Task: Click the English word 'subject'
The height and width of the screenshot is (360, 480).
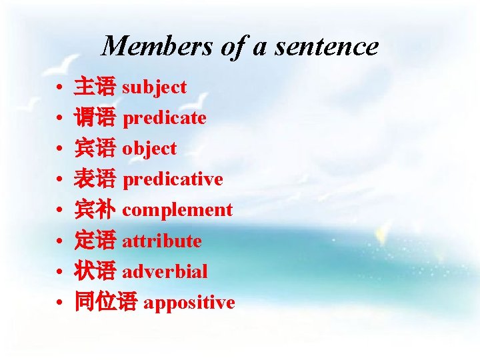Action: coord(155,87)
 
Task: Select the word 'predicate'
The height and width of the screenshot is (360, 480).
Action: coord(165,118)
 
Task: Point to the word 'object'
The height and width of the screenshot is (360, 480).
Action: coord(149,149)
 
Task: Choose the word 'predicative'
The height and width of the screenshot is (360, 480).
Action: coord(173,179)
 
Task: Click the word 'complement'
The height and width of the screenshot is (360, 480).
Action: coord(177,210)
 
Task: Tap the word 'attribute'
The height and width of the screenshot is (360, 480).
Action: coord(162,241)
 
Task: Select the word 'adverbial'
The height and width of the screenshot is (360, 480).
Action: coord(165,271)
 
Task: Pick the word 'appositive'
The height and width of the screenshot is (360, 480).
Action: coord(189,302)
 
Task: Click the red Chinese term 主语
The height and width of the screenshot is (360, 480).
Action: coord(95,87)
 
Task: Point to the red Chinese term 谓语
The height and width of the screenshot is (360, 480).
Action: coord(95,118)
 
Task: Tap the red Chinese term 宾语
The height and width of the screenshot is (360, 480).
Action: coord(95,149)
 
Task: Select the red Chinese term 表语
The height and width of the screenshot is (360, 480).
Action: coord(95,179)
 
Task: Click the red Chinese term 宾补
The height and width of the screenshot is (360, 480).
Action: coord(95,210)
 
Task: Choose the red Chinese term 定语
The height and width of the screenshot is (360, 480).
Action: coord(95,241)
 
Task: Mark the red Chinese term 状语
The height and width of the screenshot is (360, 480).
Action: coord(95,271)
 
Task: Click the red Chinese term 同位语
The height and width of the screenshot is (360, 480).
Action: coord(105,302)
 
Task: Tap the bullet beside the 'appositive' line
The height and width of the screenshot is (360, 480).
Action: coord(60,303)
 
